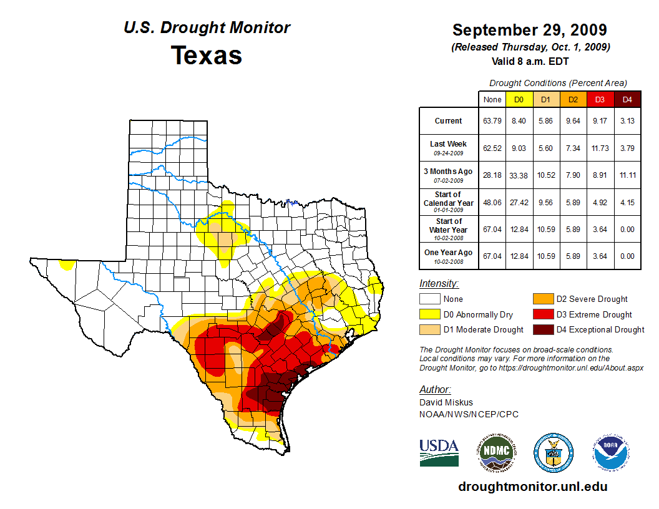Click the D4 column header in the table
(627, 99)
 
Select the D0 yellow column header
(519, 99)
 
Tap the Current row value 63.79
(492, 121)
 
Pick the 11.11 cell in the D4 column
(627, 175)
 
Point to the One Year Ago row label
(449, 253)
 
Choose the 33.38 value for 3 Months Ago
(519, 175)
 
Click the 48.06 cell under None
(492, 203)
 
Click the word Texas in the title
(207, 55)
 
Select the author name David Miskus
(446, 403)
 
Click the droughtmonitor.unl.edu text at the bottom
(532, 487)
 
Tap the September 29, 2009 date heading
(529, 30)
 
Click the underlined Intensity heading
(439, 283)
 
